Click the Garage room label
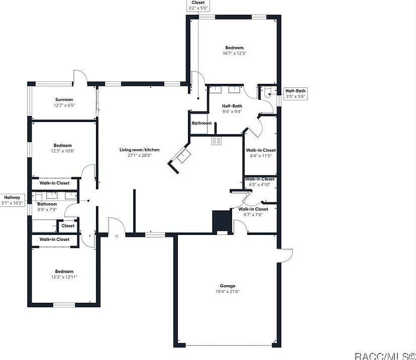coord(227,286)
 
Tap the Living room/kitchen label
coord(139,150)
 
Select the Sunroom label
coord(64,99)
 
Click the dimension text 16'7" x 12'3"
coord(234,53)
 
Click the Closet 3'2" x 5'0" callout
coord(197,6)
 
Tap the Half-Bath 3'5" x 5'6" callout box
coord(295,93)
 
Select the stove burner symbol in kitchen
coord(217,141)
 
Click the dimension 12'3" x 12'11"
coord(64,277)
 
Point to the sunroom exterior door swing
coord(80,77)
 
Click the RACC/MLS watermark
coord(384,355)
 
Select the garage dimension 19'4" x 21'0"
coord(227,291)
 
